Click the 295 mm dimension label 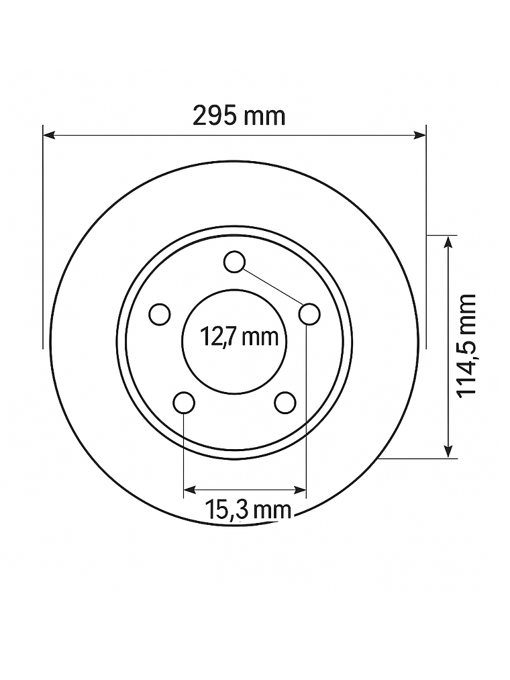(239, 116)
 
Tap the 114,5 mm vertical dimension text (466, 345)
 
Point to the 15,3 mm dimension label (248, 510)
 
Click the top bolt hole (235, 262)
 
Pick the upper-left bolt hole (160, 314)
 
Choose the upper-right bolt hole (310, 313)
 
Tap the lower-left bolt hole (184, 403)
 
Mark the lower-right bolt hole (285, 403)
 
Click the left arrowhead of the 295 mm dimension (48, 136)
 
